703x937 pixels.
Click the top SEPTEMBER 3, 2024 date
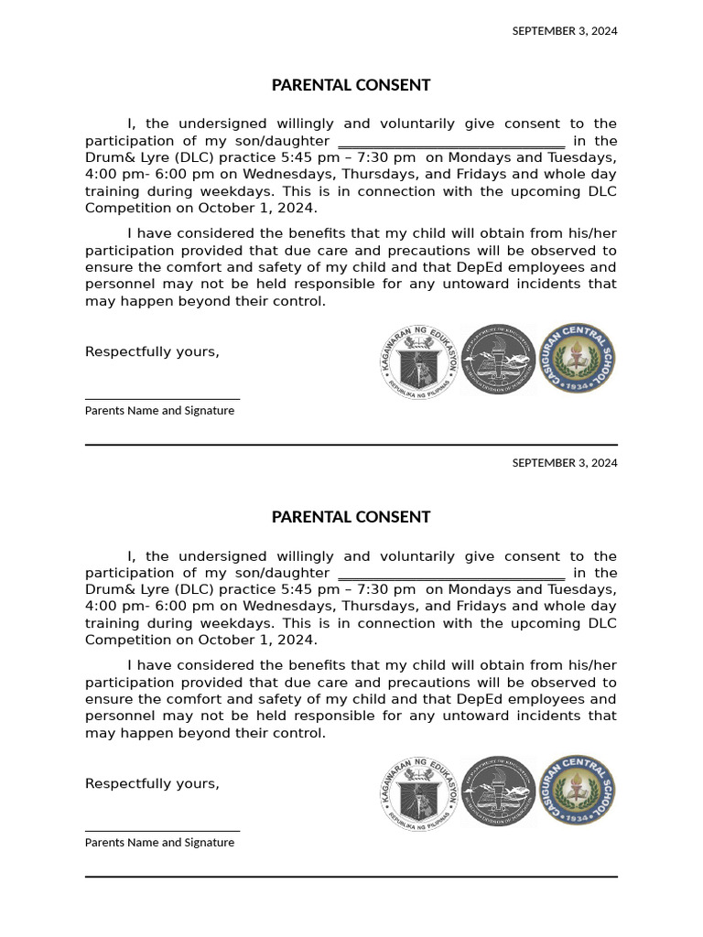[564, 31]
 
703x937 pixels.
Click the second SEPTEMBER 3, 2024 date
[564, 463]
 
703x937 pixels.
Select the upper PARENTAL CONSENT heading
[351, 85]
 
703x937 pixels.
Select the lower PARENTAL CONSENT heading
[351, 517]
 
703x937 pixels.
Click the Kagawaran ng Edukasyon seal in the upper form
[418, 360]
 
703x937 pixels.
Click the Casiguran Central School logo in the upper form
[577, 359]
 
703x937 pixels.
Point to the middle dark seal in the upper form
[497, 360]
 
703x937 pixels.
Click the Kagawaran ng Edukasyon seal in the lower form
[418, 792]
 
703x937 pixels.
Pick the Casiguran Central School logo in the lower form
[577, 792]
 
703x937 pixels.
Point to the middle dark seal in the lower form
[497, 792]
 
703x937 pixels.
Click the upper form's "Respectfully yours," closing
[152, 352]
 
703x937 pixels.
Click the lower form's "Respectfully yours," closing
[152, 784]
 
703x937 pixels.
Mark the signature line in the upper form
[162, 399]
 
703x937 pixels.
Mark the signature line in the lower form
[162, 831]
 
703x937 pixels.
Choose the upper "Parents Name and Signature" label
[159, 411]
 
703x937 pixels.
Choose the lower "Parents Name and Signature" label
[159, 843]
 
